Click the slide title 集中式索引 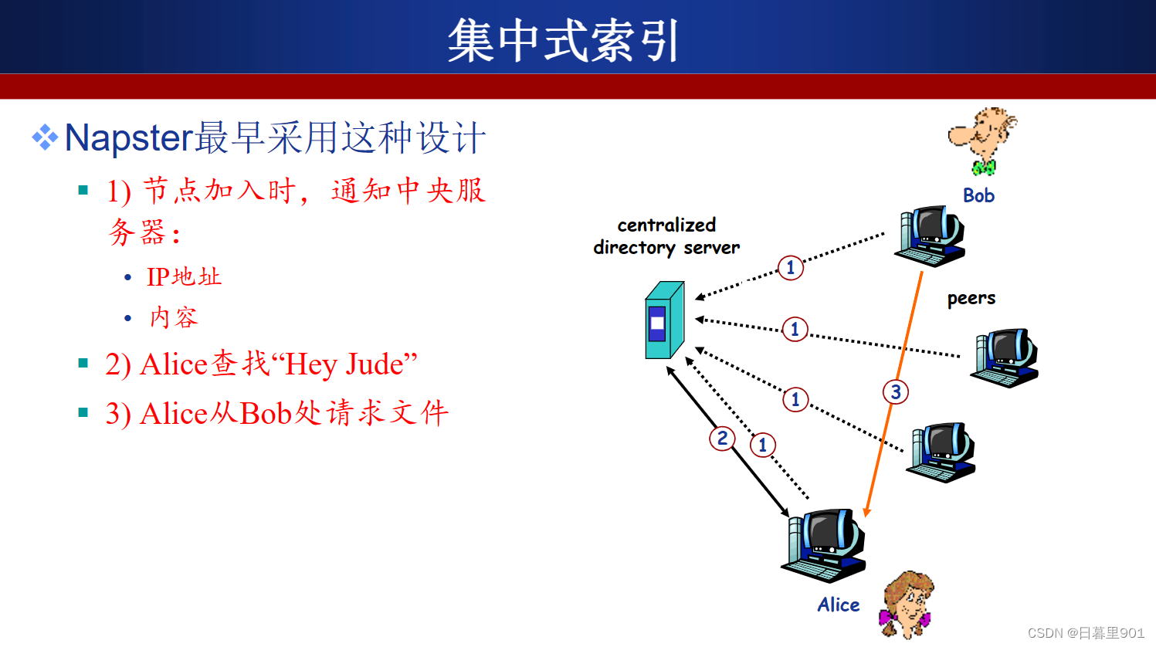(562, 40)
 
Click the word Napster (129, 138)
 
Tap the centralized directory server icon (665, 320)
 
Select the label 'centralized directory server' (666, 236)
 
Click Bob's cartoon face (982, 141)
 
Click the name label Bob (978, 195)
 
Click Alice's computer (824, 546)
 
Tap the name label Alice (839, 605)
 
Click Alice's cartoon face (907, 605)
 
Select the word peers (971, 299)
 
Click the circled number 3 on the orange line (896, 392)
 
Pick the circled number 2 (722, 439)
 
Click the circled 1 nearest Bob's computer (790, 268)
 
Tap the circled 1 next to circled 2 (762, 445)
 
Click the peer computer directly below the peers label (1005, 358)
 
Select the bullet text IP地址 (185, 277)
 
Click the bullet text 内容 (174, 317)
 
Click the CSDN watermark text (1086, 633)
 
